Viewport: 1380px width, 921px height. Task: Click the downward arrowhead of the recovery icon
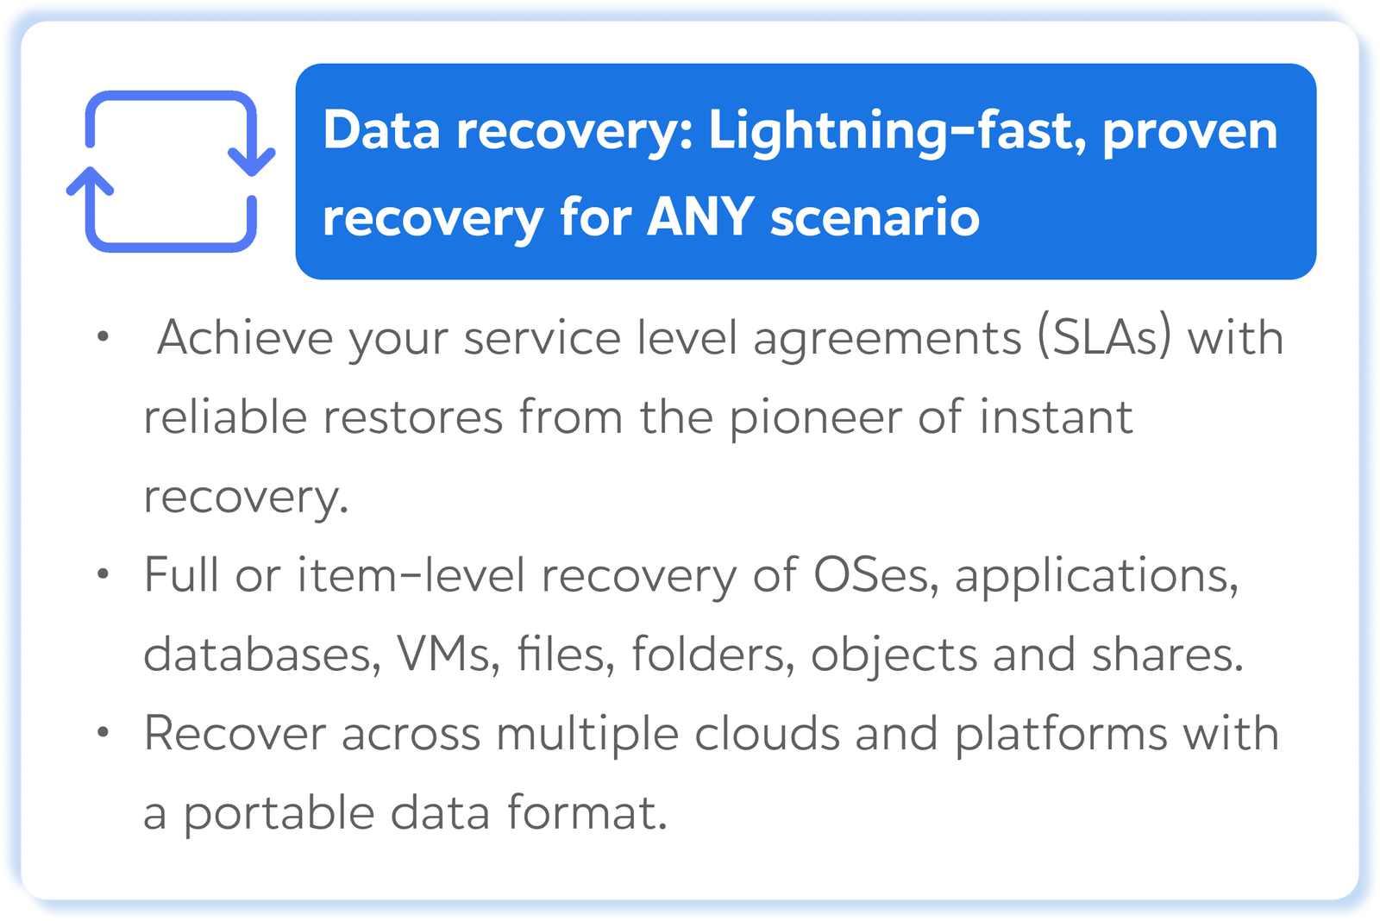251,162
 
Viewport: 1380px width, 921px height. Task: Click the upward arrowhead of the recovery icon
90,181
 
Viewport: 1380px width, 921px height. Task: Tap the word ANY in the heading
700,216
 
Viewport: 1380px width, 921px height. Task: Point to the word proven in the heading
1190,134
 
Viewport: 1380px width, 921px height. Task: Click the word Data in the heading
381,130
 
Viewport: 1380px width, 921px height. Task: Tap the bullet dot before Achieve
103,336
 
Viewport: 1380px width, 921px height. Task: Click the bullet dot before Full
103,574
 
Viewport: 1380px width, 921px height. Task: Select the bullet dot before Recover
103,732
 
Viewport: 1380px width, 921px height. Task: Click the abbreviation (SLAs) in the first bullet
1105,337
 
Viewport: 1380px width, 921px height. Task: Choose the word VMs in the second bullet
443,655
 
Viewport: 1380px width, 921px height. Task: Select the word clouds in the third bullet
767,732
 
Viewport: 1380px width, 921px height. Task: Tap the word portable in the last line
279,813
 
